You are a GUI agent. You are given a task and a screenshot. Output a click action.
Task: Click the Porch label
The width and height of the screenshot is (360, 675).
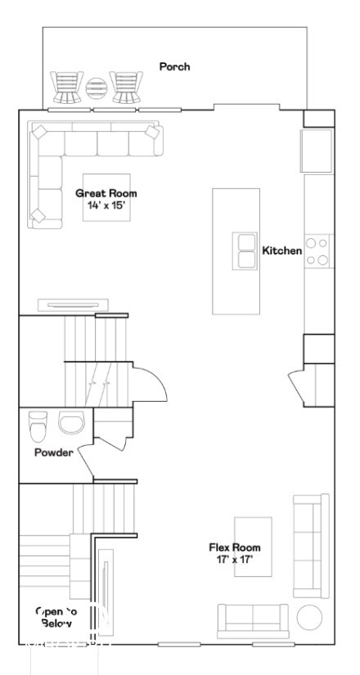(x=174, y=66)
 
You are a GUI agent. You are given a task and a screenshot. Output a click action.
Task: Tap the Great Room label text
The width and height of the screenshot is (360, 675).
(x=106, y=194)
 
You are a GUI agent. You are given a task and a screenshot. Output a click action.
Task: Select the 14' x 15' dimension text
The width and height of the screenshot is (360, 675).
(x=106, y=205)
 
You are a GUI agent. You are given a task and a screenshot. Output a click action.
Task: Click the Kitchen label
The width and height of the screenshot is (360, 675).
(x=282, y=250)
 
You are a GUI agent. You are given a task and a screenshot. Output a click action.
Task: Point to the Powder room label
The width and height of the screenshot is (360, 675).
(x=53, y=452)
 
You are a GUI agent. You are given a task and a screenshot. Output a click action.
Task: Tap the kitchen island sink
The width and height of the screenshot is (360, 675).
(x=246, y=250)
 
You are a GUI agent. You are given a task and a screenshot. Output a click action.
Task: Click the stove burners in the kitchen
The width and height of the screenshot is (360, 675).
(x=319, y=251)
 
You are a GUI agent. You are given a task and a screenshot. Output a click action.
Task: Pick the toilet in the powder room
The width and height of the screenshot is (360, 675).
(x=38, y=425)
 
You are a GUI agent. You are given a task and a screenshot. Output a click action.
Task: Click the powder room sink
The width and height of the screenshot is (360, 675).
(x=71, y=421)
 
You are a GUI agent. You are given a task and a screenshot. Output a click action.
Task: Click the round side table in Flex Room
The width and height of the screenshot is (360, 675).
(x=310, y=617)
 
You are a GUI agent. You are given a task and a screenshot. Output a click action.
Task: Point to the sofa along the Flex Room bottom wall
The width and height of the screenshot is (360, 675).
(x=254, y=619)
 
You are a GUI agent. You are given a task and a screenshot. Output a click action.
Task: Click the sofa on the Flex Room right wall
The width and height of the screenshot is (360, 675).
(x=312, y=543)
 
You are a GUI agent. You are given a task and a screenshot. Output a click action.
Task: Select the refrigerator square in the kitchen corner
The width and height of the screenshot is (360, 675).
(x=317, y=150)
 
